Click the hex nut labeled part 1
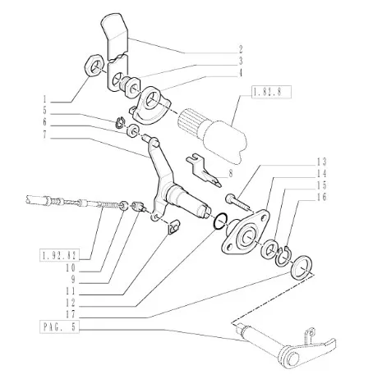point(94,66)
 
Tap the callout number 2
point(240,50)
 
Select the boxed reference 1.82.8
point(271,92)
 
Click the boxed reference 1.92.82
point(59,255)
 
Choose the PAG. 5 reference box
point(59,326)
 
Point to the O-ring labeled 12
point(220,221)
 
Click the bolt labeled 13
point(237,202)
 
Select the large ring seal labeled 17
point(302,267)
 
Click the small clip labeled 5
point(120,122)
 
